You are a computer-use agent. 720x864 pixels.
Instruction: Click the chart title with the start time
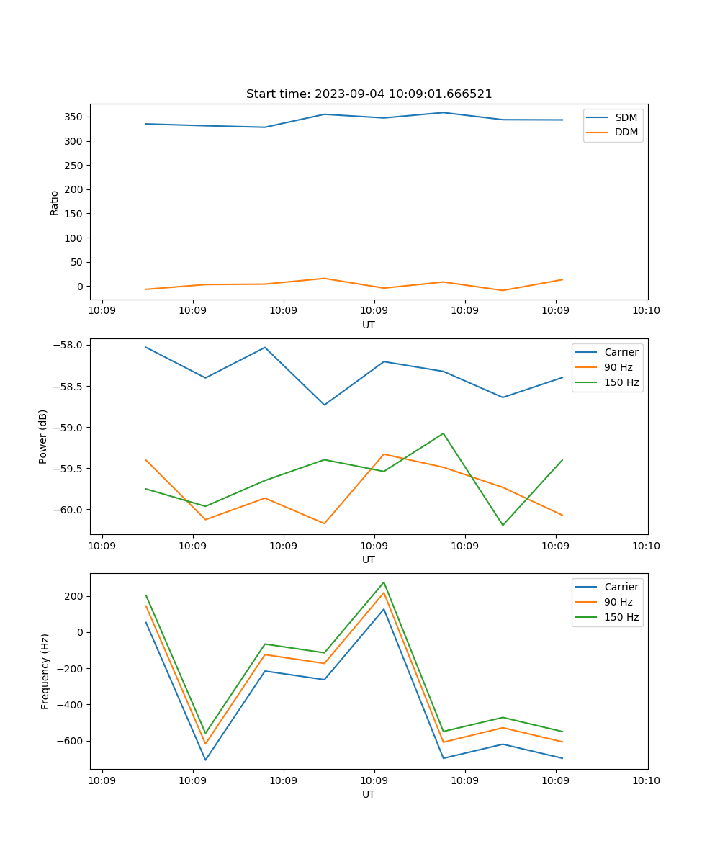pos(369,94)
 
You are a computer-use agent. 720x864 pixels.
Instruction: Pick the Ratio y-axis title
pos(55,203)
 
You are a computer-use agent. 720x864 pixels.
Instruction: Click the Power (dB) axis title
pos(43,436)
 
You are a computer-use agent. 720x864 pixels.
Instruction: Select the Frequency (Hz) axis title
pos(45,671)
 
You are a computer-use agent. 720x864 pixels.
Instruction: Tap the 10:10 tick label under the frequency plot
pos(646,780)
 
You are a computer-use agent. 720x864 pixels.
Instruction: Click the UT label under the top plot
pos(369,325)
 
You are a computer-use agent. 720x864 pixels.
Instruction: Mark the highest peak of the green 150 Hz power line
pos(444,433)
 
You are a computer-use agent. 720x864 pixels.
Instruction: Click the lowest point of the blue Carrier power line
pos(325,405)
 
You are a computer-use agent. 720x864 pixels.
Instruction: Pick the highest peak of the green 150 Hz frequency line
pos(384,582)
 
